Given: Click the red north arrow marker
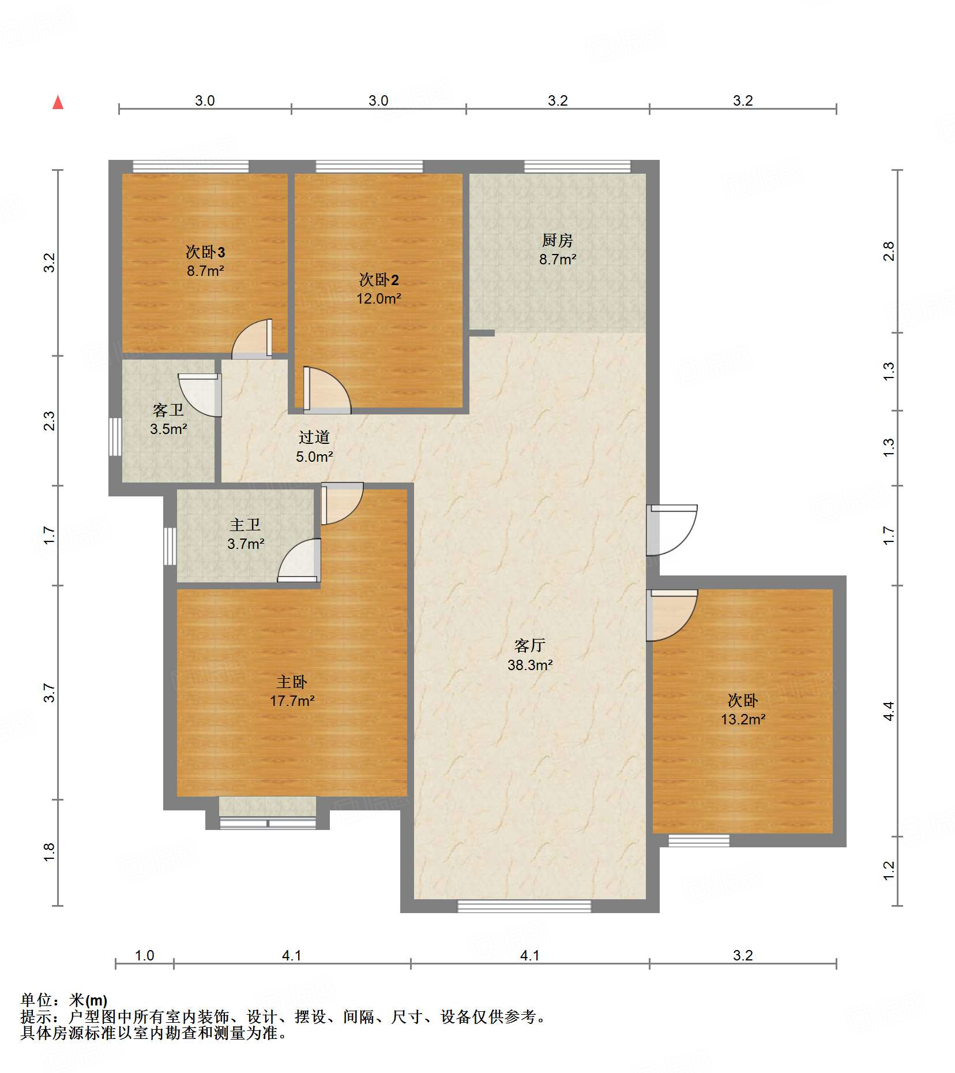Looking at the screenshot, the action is pos(58,102).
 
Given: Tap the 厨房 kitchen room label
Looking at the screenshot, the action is pos(557,240).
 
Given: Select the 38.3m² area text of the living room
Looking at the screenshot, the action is pos(530,665).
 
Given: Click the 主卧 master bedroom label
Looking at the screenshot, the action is pos(292,682).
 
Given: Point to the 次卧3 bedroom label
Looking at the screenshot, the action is pos(205,252).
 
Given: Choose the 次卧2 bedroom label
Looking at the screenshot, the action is pos(379,280).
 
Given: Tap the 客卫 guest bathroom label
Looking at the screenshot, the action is pos(168,410).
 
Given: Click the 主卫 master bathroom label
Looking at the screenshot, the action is pos(245,525).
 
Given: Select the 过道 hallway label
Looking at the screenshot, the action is pos(314,438).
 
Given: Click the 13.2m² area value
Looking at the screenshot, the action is pos(743,719).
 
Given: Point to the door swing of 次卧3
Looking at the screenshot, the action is pos(252,339).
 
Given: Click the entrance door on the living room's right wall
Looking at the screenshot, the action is pos(671,530).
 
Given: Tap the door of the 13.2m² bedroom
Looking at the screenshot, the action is pos(671,615).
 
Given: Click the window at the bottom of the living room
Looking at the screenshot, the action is pos(524,906).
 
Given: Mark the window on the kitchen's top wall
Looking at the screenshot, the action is pos(577,167).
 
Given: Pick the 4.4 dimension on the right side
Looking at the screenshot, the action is pos(889,711).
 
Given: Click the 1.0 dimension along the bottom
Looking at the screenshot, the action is pos(144,955).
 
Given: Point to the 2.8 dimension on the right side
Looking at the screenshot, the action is pos(889,251).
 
